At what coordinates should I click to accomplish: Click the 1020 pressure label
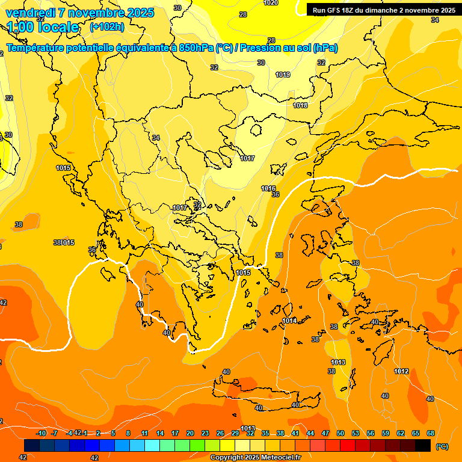tap(271, 2)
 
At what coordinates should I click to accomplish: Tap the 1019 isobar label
tap(283, 75)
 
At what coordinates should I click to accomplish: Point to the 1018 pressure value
tap(300, 105)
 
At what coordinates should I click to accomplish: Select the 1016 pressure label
tap(268, 188)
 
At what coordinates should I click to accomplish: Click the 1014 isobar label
tap(289, 321)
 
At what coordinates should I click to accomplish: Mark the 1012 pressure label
tap(402, 371)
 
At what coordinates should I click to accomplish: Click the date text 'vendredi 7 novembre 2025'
tap(81, 13)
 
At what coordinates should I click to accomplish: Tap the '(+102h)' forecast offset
tap(107, 26)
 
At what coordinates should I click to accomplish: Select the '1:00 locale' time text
tap(43, 27)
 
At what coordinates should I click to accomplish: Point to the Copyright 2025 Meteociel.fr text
tap(255, 457)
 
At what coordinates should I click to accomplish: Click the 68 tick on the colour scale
tap(431, 433)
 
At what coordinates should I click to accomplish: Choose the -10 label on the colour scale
tap(41, 433)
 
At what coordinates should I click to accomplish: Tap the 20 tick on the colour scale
tap(190, 433)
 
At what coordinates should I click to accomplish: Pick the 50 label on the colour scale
tap(340, 433)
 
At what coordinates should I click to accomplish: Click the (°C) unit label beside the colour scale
tap(442, 446)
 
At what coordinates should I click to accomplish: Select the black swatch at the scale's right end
tap(423, 445)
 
